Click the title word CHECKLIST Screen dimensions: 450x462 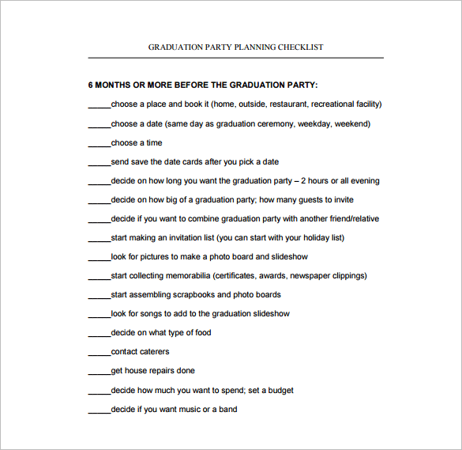(x=299, y=47)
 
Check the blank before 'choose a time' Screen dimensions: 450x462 (x=99, y=144)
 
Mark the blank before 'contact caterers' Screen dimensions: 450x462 (x=99, y=353)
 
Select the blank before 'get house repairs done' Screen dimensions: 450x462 (x=99, y=372)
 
